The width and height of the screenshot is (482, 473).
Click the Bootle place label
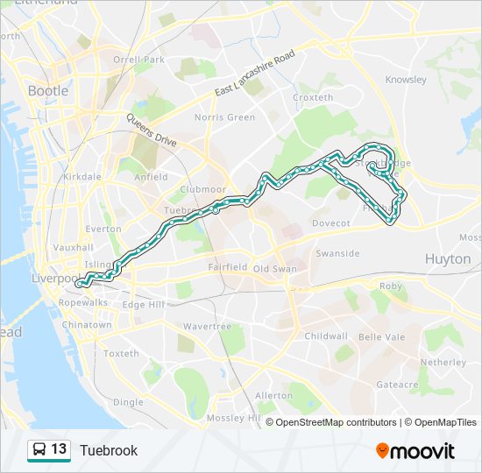(49, 90)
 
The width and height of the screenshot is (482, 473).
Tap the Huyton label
(447, 258)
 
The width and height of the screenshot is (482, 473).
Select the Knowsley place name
(406, 80)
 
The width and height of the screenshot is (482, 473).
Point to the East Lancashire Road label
(255, 76)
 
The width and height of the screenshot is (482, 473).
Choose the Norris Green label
(224, 117)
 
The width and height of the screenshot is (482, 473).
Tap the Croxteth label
(313, 97)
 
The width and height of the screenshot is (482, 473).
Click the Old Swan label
(274, 268)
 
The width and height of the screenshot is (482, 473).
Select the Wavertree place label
(207, 326)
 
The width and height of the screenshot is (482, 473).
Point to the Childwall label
(326, 335)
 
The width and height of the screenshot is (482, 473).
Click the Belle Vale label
(381, 335)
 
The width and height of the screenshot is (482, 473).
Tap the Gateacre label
(397, 384)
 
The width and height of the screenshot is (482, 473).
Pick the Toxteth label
(121, 354)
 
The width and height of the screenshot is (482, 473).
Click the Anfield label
(150, 177)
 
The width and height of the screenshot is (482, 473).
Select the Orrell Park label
(138, 60)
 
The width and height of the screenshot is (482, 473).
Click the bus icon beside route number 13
(39, 449)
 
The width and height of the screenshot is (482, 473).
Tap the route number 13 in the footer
(59, 449)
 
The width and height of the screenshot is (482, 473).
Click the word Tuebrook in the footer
(109, 450)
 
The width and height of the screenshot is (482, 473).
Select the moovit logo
(415, 450)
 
